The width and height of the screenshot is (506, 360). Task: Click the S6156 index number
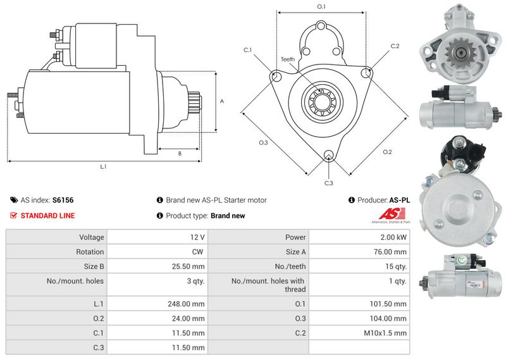(63, 200)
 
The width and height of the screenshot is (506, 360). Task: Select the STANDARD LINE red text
(47, 216)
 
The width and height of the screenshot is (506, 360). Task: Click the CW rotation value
(199, 252)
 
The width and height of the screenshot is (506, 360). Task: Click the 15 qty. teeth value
(395, 266)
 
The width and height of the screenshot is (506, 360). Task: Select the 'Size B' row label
(93, 266)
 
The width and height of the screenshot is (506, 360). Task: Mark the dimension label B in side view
(180, 153)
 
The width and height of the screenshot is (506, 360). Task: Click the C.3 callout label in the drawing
(328, 183)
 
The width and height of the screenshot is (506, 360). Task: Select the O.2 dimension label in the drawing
(388, 152)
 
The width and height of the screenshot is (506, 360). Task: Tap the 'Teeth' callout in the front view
(288, 59)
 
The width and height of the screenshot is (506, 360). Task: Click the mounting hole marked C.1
(276, 77)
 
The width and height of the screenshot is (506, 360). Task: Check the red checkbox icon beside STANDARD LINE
(14, 216)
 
